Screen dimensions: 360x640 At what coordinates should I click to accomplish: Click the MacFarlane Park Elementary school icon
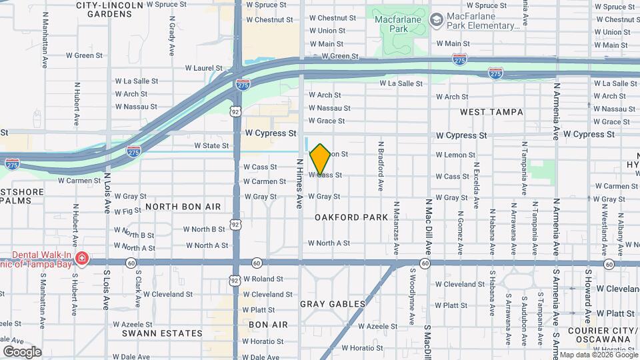coord(437,19)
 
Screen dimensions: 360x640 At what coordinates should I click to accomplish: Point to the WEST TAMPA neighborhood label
coord(491,112)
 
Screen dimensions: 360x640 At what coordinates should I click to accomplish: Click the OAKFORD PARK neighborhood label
coord(351,217)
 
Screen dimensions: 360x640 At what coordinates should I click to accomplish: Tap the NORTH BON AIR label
coord(183,207)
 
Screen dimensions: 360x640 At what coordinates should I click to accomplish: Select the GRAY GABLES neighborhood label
coord(333,304)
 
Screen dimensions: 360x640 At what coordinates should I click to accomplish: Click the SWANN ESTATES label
coord(162,333)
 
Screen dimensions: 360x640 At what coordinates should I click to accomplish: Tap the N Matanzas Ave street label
coord(396,229)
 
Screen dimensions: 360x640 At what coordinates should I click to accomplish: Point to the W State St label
coord(211,145)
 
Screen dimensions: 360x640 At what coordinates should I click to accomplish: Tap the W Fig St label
coord(127,211)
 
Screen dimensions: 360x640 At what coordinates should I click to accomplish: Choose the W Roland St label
coord(263,279)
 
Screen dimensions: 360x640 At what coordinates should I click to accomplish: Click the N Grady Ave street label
coord(171,37)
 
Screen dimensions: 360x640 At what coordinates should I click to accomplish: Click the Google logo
coord(22,351)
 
